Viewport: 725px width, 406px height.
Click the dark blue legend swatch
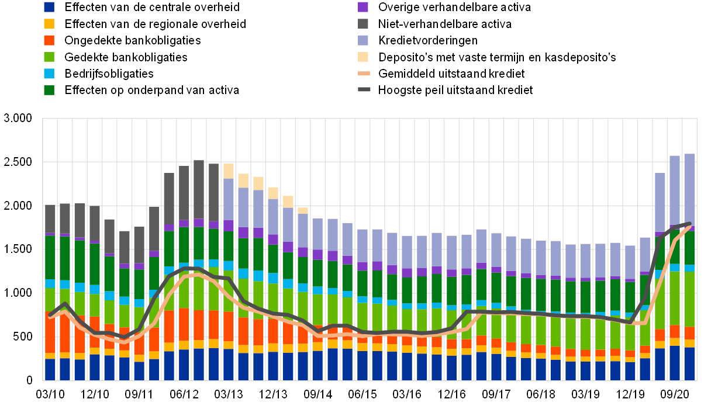tap(49, 7)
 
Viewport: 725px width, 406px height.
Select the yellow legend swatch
tap(49, 23)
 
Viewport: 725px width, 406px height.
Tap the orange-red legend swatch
tap(49, 40)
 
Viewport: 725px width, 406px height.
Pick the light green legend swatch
tap(49, 57)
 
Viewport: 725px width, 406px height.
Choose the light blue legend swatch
tap(49, 74)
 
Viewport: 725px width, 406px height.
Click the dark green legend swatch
tap(49, 90)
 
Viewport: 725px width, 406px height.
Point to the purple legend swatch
tap(363, 7)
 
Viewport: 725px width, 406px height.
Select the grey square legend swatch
tap(363, 23)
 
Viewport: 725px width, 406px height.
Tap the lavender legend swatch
tap(363, 40)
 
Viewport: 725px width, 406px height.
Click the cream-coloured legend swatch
tap(363, 57)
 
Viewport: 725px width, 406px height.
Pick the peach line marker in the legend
tap(364, 73)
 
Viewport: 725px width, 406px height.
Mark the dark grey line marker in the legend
tap(364, 89)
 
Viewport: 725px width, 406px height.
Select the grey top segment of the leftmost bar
tap(50, 219)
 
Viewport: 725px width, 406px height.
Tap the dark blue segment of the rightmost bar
tap(689, 363)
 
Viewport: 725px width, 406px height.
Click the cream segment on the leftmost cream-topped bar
tap(229, 171)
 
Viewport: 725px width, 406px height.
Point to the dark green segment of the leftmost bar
tap(50, 257)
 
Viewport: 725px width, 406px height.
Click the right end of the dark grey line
tap(691, 224)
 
